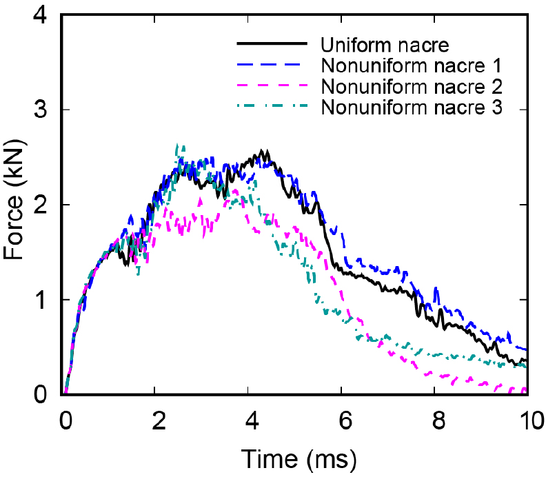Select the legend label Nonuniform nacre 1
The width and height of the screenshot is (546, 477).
click(x=410, y=66)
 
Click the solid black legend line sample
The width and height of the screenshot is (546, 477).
click(x=272, y=44)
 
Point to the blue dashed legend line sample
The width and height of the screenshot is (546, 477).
click(x=272, y=65)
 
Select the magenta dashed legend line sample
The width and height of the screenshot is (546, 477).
click(x=272, y=86)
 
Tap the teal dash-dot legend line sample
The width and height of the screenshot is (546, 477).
click(x=272, y=107)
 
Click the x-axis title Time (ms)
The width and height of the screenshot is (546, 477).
click(x=297, y=458)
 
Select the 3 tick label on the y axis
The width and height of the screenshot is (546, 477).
click(x=42, y=110)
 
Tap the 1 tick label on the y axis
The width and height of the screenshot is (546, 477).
click(x=42, y=300)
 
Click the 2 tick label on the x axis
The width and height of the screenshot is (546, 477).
click(x=157, y=419)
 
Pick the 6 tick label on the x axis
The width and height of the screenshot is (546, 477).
click(x=343, y=419)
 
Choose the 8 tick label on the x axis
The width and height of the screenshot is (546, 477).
click(x=436, y=419)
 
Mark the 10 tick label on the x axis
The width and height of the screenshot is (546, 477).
click(x=527, y=419)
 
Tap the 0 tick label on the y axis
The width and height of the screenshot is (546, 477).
click(x=42, y=394)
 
